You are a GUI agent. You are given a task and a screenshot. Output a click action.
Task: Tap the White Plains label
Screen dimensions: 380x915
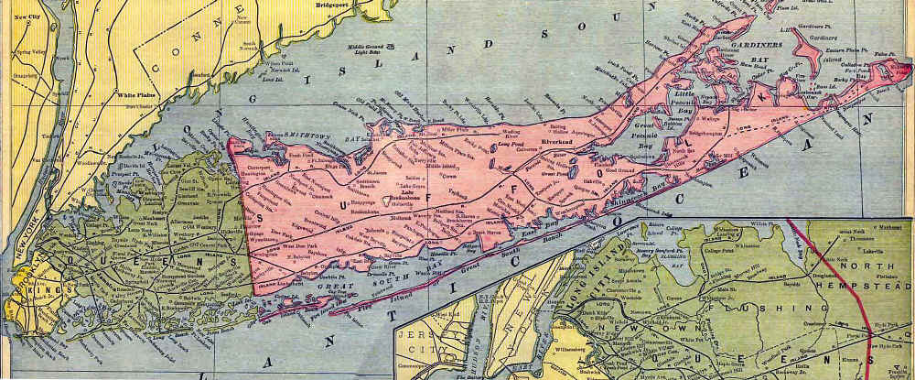134,93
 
